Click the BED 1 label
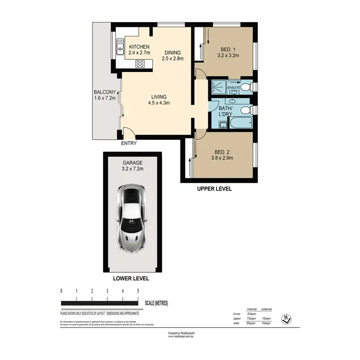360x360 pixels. (x=228, y=49)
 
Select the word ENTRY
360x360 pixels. (x=129, y=143)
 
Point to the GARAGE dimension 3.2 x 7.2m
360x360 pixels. (x=132, y=168)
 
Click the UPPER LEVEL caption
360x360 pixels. (x=215, y=189)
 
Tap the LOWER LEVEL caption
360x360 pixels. (x=131, y=278)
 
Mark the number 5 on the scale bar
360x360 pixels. (x=138, y=291)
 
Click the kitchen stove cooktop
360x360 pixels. (x=140, y=63)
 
